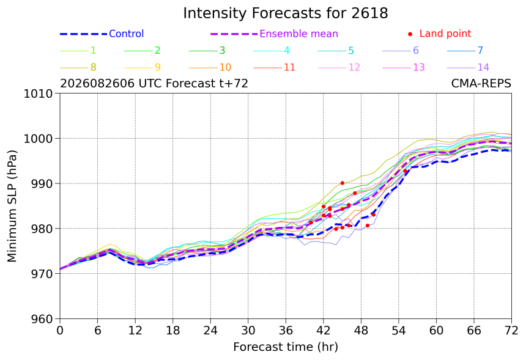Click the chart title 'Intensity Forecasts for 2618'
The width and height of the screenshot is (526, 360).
tap(286, 13)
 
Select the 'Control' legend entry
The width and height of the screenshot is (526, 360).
tap(102, 34)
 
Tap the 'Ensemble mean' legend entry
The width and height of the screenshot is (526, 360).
tap(275, 34)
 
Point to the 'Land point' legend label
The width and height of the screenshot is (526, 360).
tap(445, 34)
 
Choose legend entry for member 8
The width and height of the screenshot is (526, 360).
tap(78, 67)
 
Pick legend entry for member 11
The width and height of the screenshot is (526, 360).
tap(275, 67)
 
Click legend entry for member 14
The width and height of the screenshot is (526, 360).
tap(469, 67)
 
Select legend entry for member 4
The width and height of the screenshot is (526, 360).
tap(272, 51)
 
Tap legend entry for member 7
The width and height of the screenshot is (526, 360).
tap(465, 51)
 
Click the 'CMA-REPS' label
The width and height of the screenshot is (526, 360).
tap(481, 83)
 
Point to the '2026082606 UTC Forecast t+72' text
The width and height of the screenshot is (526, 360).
tap(154, 83)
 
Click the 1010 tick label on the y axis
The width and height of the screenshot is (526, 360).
tap(39, 94)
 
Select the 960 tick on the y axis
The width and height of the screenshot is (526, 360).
tap(42, 319)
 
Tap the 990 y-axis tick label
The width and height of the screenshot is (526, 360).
tap(42, 184)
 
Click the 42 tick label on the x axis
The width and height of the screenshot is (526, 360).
tap(324, 331)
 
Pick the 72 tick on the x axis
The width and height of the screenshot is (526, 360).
tap(511, 331)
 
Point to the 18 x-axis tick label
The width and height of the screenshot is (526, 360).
tap(172, 331)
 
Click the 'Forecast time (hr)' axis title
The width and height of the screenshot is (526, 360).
tap(286, 347)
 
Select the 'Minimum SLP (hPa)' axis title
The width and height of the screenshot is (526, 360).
tap(12, 206)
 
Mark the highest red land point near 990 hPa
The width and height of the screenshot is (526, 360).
tap(342, 183)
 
